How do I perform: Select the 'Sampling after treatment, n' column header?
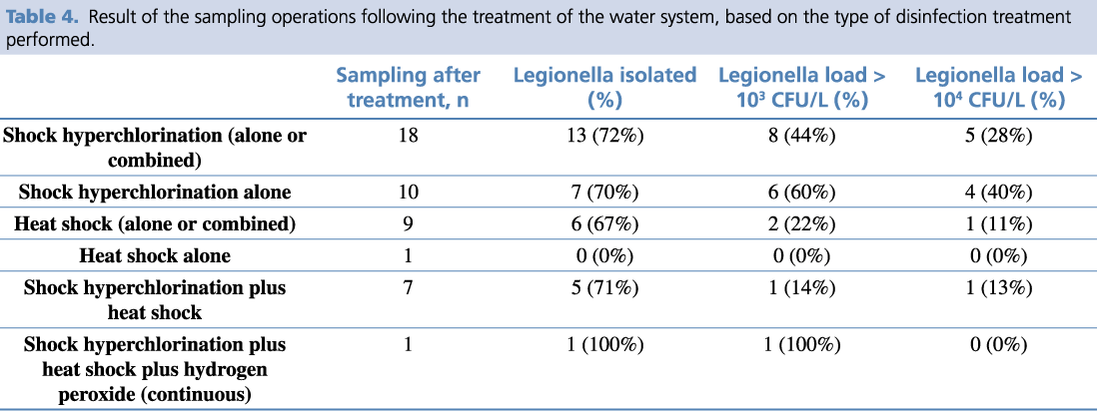pyautogui.click(x=408, y=88)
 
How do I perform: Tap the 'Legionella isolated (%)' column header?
pyautogui.click(x=604, y=88)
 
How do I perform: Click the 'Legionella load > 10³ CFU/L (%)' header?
pyautogui.click(x=801, y=88)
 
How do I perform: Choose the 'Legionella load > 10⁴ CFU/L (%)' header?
pyautogui.click(x=998, y=88)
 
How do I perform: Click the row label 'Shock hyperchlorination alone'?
pyautogui.click(x=155, y=192)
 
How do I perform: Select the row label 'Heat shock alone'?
pyautogui.click(x=155, y=255)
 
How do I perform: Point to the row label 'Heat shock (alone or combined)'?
pyautogui.click(x=155, y=223)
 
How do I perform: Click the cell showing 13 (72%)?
pyautogui.click(x=604, y=136)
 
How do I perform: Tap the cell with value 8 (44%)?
pyautogui.click(x=801, y=136)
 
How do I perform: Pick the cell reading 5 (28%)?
pyautogui.click(x=998, y=136)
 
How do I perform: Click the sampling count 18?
pyautogui.click(x=408, y=136)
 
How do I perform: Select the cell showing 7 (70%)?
pyautogui.click(x=604, y=192)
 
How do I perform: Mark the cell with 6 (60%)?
pyautogui.click(x=801, y=192)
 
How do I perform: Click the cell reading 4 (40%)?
pyautogui.click(x=998, y=192)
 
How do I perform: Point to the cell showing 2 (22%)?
pyautogui.click(x=801, y=223)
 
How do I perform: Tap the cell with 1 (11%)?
pyautogui.click(x=998, y=223)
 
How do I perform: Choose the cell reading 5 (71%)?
pyautogui.click(x=604, y=288)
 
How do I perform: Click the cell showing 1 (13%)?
pyautogui.click(x=998, y=288)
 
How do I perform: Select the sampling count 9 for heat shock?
pyautogui.click(x=408, y=223)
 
